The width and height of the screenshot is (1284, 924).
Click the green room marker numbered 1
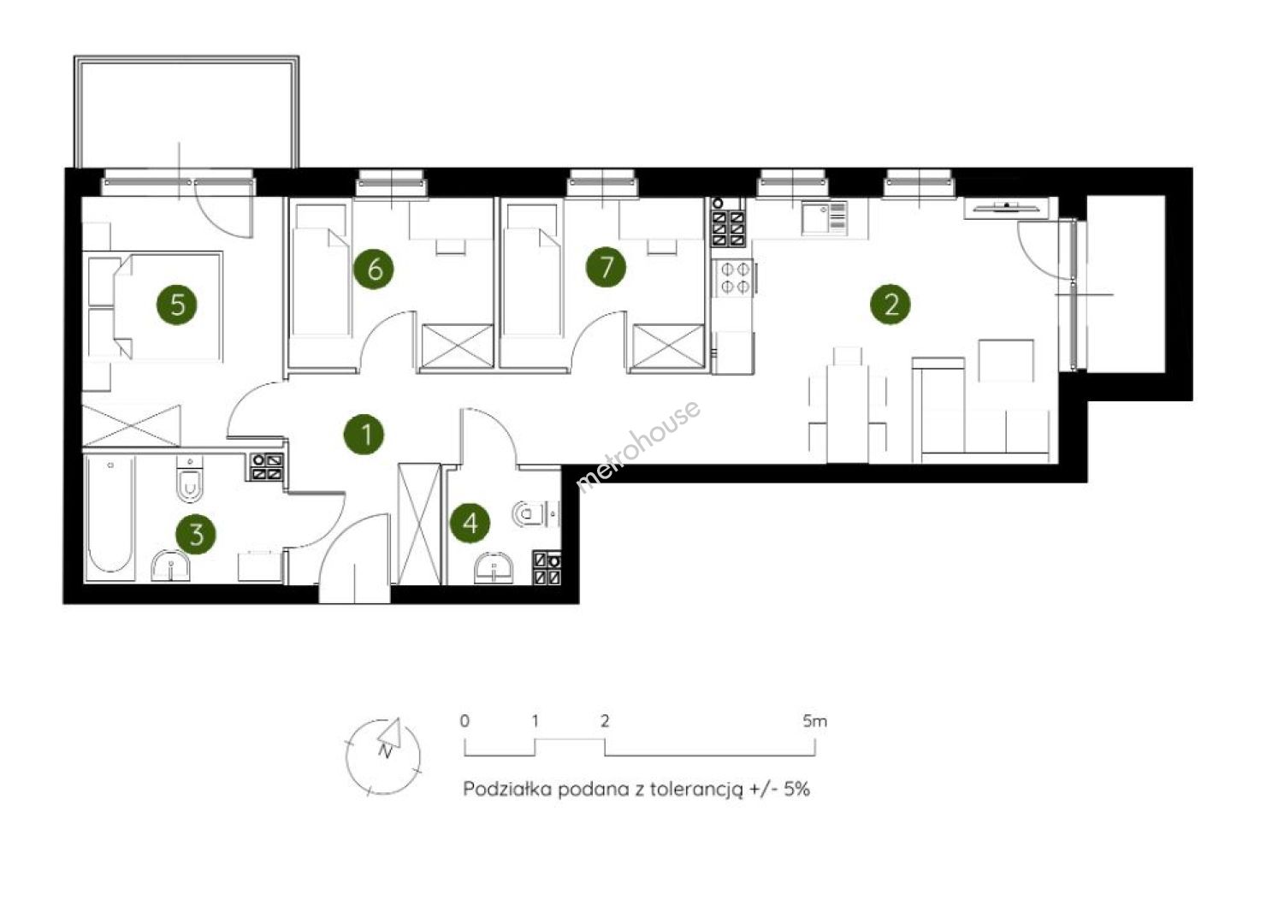point(364,435)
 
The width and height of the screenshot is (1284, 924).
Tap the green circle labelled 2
point(891,305)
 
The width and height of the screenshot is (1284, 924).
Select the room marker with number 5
point(177,305)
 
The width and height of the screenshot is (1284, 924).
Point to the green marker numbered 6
point(374,269)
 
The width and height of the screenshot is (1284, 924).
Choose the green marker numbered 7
point(606,267)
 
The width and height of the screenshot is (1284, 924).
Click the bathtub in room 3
point(110,518)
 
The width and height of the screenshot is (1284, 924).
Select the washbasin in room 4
point(494,567)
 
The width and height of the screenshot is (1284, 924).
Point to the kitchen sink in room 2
point(824,217)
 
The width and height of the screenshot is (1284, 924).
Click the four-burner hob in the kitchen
point(735,278)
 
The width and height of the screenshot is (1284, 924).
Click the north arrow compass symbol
point(383,755)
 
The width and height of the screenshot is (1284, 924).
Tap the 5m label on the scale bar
point(814,721)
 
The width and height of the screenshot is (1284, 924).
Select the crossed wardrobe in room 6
point(458,346)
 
